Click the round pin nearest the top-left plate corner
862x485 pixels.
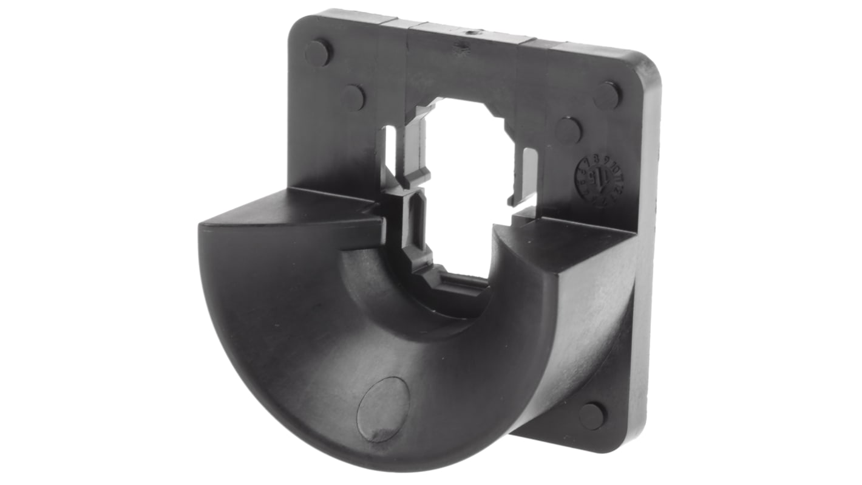(x=317, y=53)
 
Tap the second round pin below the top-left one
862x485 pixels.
(x=353, y=97)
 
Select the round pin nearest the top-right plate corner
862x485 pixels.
(x=606, y=95)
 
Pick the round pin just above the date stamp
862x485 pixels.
(x=568, y=130)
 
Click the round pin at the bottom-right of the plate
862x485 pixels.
(x=592, y=416)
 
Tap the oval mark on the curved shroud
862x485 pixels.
(x=383, y=409)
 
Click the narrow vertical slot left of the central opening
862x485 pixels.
(x=390, y=149)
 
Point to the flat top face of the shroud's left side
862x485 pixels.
(x=291, y=210)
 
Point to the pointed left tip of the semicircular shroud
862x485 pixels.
(x=202, y=227)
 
